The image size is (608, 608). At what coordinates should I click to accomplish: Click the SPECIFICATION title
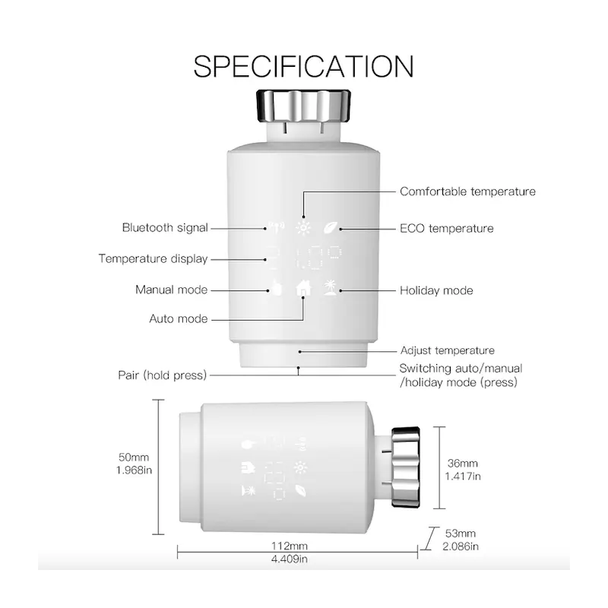click(x=303, y=66)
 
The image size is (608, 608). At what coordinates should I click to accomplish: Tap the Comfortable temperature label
click(x=467, y=192)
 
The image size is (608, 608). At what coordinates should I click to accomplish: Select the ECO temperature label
click(x=447, y=229)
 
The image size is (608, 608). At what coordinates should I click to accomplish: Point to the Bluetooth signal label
click(x=165, y=227)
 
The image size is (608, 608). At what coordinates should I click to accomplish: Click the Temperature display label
click(x=154, y=258)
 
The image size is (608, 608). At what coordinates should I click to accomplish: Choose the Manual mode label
click(x=172, y=290)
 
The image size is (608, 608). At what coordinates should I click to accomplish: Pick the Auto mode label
click(x=179, y=318)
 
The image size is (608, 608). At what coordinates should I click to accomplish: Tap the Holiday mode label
click(x=436, y=290)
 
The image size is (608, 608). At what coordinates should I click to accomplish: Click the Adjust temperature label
click(x=448, y=350)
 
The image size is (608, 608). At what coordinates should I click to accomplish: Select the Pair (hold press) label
click(x=162, y=375)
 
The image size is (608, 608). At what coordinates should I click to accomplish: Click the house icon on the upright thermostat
click(x=303, y=288)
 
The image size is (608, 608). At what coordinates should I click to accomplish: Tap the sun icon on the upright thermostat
click(x=302, y=227)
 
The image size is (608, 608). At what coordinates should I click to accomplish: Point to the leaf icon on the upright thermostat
click(x=331, y=227)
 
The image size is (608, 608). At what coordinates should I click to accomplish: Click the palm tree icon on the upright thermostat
click(x=331, y=288)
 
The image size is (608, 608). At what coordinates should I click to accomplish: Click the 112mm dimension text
click(x=290, y=546)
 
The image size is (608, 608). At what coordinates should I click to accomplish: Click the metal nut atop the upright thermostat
click(x=303, y=105)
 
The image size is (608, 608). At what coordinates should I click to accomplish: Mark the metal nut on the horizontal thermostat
click(x=406, y=467)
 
